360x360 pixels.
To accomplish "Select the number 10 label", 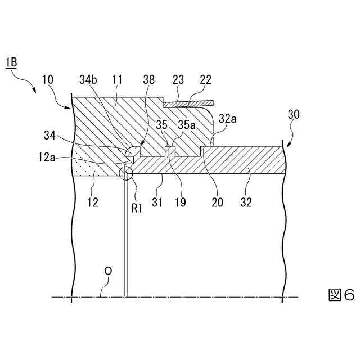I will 48,80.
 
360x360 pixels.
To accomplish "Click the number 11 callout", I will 118,80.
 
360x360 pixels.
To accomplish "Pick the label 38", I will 149,80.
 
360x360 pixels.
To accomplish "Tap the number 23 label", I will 178,80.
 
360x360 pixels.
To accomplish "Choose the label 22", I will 205,80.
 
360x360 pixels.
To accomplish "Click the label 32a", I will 227,119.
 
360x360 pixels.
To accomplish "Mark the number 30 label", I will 293,115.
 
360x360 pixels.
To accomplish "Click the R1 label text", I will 137,208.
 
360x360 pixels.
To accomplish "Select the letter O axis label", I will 108,271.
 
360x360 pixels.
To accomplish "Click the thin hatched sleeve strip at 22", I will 188,104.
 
